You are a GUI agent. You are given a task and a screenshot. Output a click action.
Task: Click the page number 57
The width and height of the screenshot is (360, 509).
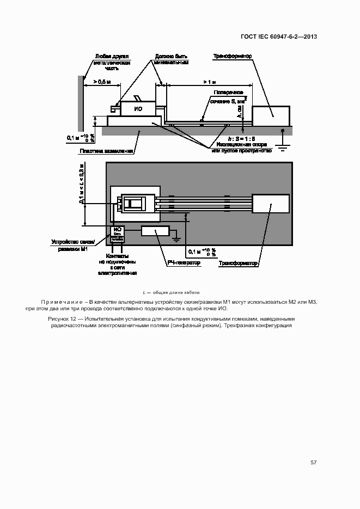click(x=313, y=462)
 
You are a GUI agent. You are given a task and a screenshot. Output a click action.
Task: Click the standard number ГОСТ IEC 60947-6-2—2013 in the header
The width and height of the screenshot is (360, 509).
click(x=278, y=37)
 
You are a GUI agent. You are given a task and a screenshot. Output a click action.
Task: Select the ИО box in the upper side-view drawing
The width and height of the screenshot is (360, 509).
click(x=138, y=109)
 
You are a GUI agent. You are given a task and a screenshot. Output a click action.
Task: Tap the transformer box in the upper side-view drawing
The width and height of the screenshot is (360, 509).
click(x=271, y=115)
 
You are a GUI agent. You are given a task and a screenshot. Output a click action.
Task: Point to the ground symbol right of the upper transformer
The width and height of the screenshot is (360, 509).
click(x=282, y=139)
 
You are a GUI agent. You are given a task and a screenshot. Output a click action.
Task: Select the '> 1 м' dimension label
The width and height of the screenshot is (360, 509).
click(x=209, y=82)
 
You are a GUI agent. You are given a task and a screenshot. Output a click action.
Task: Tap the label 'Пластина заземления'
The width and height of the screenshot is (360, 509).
click(x=106, y=151)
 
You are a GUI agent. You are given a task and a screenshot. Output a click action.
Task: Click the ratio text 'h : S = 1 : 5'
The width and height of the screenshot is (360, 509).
click(x=241, y=139)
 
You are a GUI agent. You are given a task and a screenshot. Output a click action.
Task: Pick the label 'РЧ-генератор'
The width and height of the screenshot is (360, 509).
click(x=184, y=263)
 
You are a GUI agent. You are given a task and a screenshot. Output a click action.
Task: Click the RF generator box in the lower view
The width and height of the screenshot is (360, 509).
click(x=155, y=231)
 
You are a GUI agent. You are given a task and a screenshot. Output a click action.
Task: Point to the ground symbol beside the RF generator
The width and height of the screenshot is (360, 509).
click(x=176, y=237)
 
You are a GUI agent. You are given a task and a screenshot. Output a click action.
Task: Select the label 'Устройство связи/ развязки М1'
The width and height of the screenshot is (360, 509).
click(x=73, y=245)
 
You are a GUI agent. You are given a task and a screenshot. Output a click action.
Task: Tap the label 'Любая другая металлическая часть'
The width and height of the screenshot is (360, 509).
click(x=111, y=63)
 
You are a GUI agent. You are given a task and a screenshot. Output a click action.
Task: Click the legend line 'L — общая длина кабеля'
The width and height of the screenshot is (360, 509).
click(x=171, y=292)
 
